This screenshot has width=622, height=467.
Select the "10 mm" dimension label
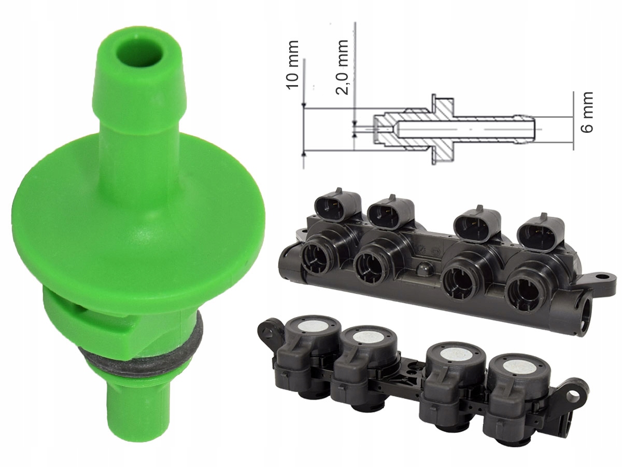click(293, 65)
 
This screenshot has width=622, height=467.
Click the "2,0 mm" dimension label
click(342, 67)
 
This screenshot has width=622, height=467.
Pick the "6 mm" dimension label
click(587, 112)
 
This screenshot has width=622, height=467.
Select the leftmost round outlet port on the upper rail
click(316, 257)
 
